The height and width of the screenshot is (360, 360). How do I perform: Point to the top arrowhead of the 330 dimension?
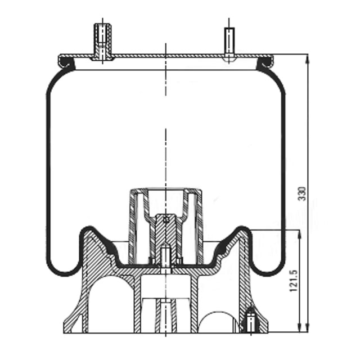coord(307,58)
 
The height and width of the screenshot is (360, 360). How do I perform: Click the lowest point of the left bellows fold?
coord(62,274)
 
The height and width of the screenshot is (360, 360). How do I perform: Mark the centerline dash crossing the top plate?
coord(166,56)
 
